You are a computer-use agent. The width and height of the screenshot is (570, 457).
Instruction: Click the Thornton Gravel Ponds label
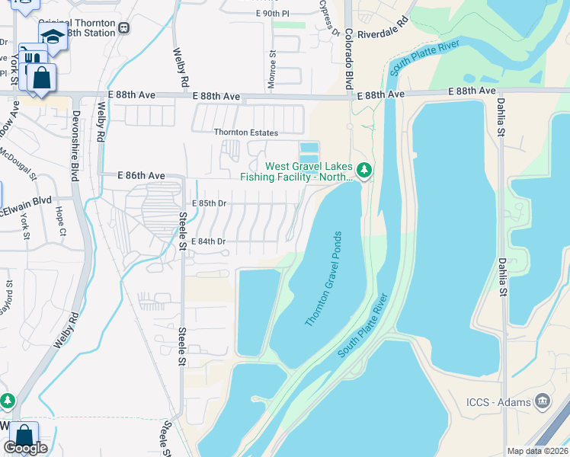click(x=323, y=280)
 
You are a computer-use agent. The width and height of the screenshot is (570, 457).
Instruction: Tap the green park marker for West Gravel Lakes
click(x=364, y=169)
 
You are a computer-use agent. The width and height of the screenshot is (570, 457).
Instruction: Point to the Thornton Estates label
click(x=242, y=133)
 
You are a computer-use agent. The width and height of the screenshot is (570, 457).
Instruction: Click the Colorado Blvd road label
click(x=348, y=59)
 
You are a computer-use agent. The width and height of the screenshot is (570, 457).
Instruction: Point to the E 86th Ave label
click(x=141, y=175)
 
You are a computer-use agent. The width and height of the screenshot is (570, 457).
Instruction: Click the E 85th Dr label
click(x=210, y=203)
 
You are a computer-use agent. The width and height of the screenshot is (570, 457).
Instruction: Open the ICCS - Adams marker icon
click(x=542, y=400)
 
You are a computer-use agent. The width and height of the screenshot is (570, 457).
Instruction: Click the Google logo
click(x=25, y=448)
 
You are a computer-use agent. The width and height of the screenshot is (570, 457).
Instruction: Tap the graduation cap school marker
click(x=53, y=37)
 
